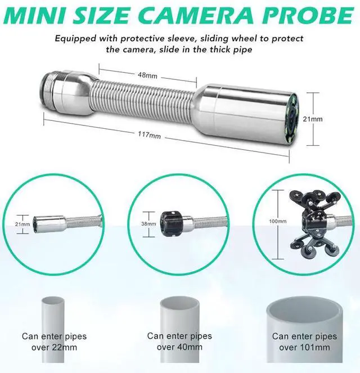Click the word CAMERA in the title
pyautogui.click(x=197, y=15)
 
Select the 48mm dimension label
pyautogui.click(x=148, y=75)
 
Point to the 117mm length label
pyautogui.click(x=149, y=135)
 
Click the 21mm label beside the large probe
pyautogui.click(x=312, y=119)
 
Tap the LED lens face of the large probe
pyautogui.click(x=292, y=119)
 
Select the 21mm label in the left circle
pyautogui.click(x=22, y=224)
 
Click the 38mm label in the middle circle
pyautogui.click(x=148, y=224)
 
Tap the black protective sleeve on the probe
pyautogui.click(x=171, y=224)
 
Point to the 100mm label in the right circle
pyautogui.click(x=277, y=222)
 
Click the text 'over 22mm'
pyautogui.click(x=54, y=348)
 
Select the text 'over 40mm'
pyautogui.click(x=179, y=347)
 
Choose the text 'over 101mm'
pyautogui.click(x=305, y=348)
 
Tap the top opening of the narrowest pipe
pyautogui.click(x=53, y=300)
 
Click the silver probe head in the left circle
pyautogui.click(x=48, y=224)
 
